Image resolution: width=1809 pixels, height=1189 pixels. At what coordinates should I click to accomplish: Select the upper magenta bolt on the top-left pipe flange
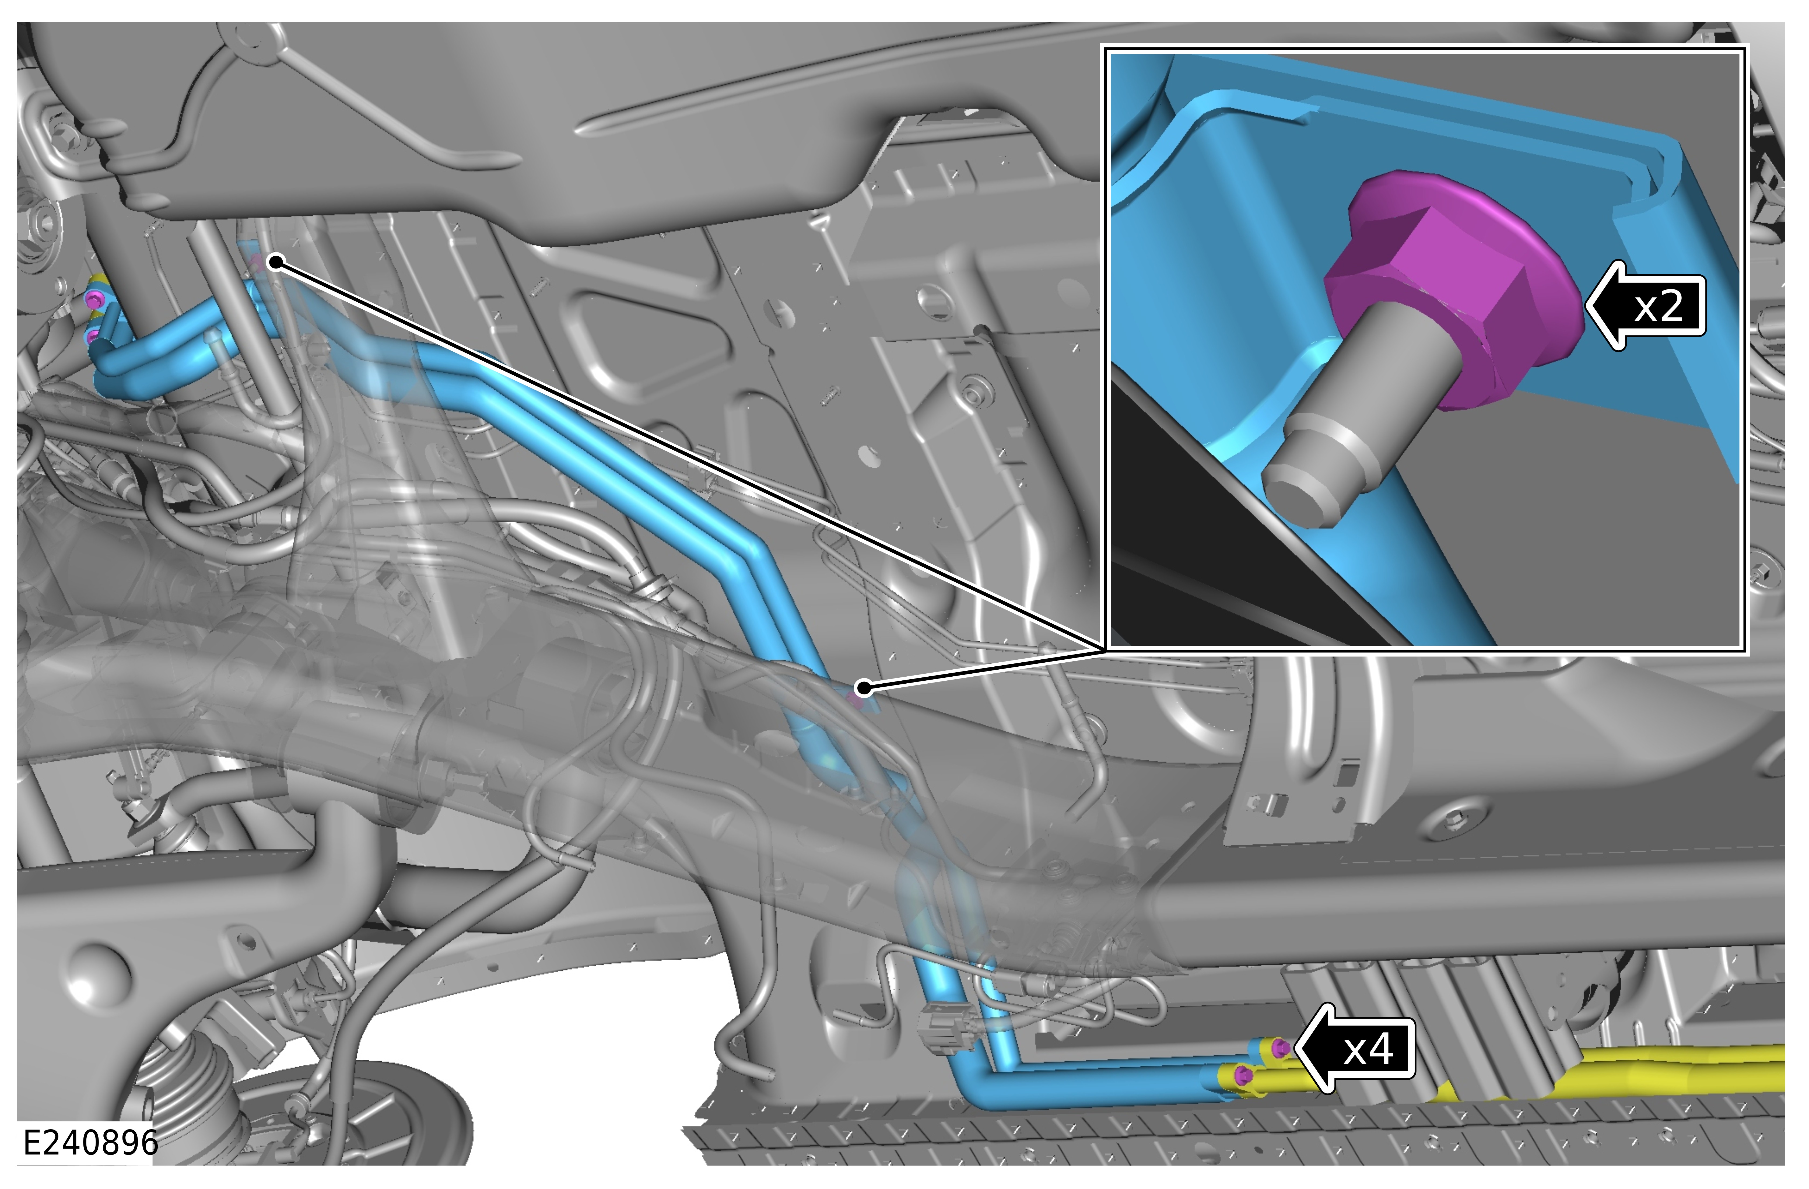[94, 299]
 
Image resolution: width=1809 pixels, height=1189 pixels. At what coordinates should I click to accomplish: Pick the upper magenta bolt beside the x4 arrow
[1279, 1048]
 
